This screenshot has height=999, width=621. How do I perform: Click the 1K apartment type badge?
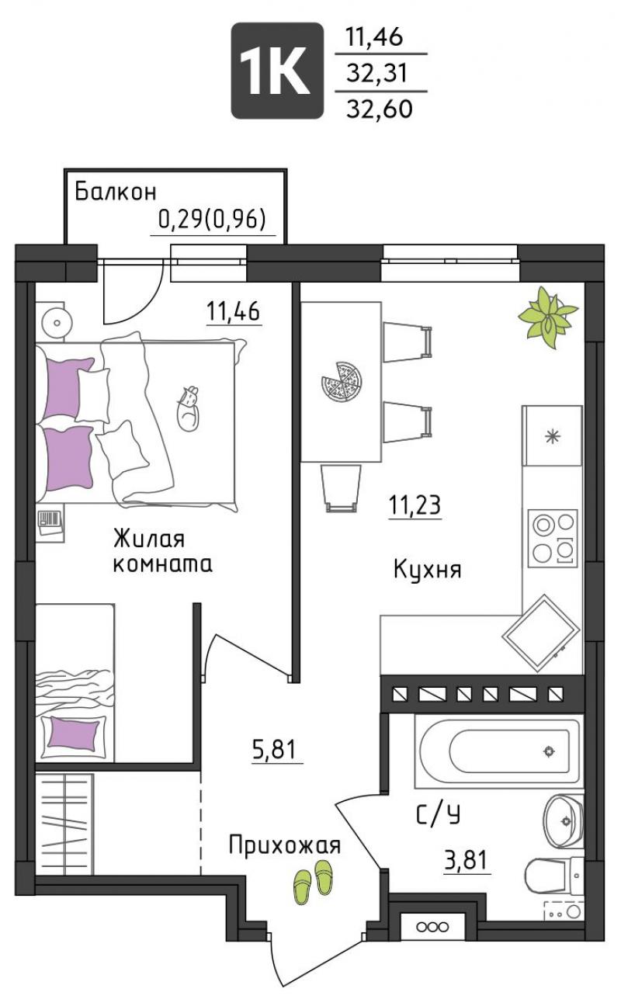[277, 71]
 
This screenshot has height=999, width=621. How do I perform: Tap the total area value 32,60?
[380, 109]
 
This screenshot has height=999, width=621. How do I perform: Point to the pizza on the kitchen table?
[342, 383]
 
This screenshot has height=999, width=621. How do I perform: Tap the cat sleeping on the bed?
[189, 408]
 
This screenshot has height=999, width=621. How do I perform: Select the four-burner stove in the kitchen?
[553, 538]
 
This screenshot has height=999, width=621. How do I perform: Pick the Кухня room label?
[428, 570]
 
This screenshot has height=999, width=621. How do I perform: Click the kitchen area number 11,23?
[415, 505]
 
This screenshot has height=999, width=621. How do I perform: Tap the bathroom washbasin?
[564, 820]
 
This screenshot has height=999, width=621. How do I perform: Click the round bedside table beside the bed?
[57, 322]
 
